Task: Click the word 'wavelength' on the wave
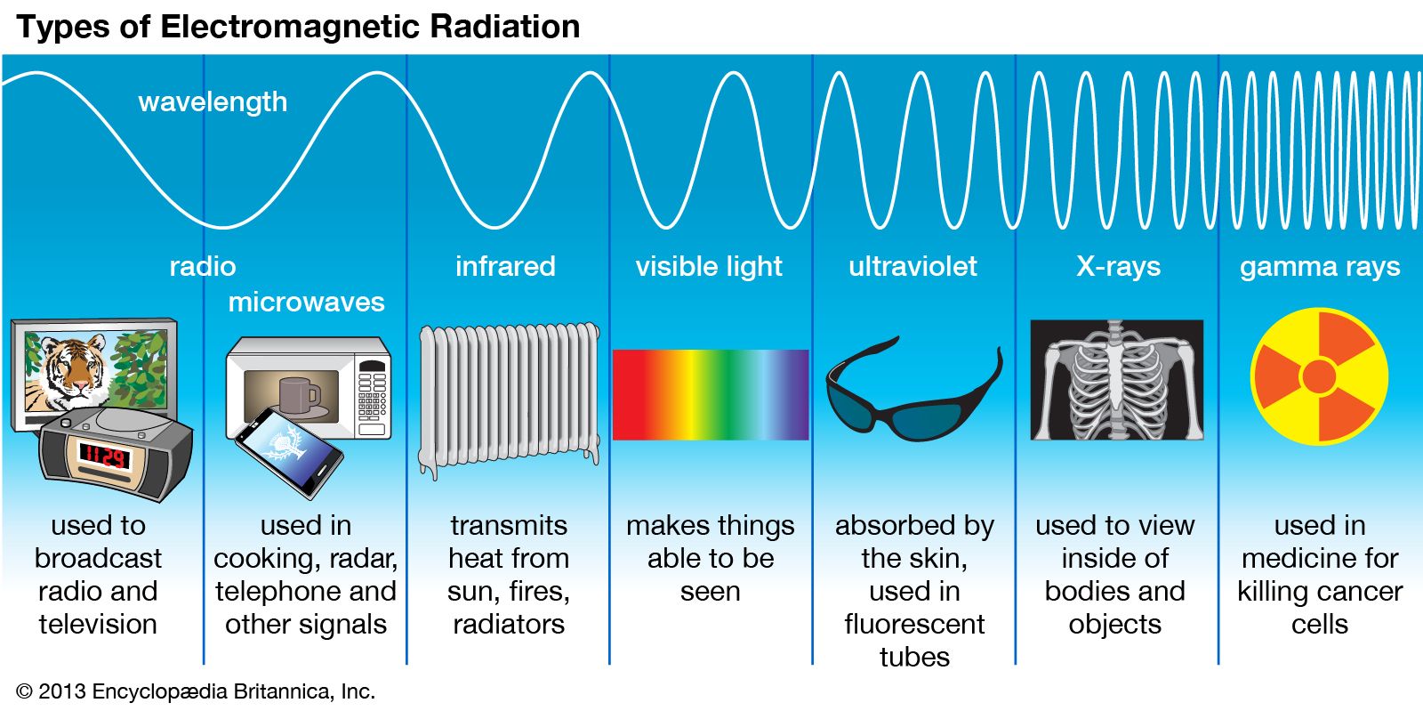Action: point(213,102)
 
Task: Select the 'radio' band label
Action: point(203,266)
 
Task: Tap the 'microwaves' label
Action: point(306,302)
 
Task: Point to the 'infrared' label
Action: point(506,266)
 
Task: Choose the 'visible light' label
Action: point(709,267)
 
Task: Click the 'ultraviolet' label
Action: point(912,266)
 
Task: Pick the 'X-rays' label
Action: point(1118,267)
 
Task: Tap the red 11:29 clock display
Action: point(104,456)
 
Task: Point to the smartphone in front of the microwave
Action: point(289,452)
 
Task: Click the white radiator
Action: point(509,397)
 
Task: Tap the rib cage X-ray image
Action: point(1117,380)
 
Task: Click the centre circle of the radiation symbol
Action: point(1320,376)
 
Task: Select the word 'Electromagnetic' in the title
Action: point(290,27)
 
